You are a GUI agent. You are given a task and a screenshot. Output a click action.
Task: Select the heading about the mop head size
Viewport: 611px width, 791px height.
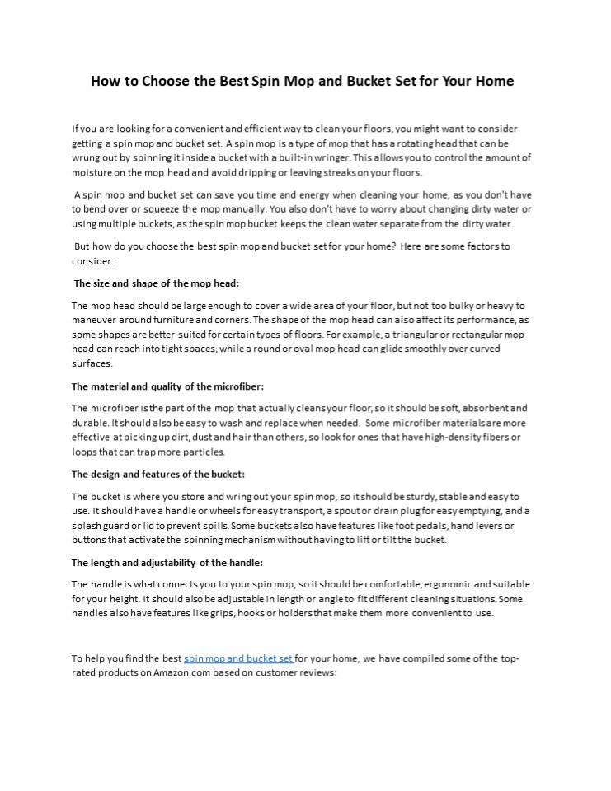(157, 283)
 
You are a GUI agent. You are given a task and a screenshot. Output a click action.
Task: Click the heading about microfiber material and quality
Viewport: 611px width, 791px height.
(167, 386)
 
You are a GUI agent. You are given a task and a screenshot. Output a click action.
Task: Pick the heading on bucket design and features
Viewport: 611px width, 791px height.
(158, 474)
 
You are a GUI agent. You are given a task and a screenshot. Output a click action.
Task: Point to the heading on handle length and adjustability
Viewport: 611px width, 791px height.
(167, 562)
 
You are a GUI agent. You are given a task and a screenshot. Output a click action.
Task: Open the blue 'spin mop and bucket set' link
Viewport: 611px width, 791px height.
(238, 658)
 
